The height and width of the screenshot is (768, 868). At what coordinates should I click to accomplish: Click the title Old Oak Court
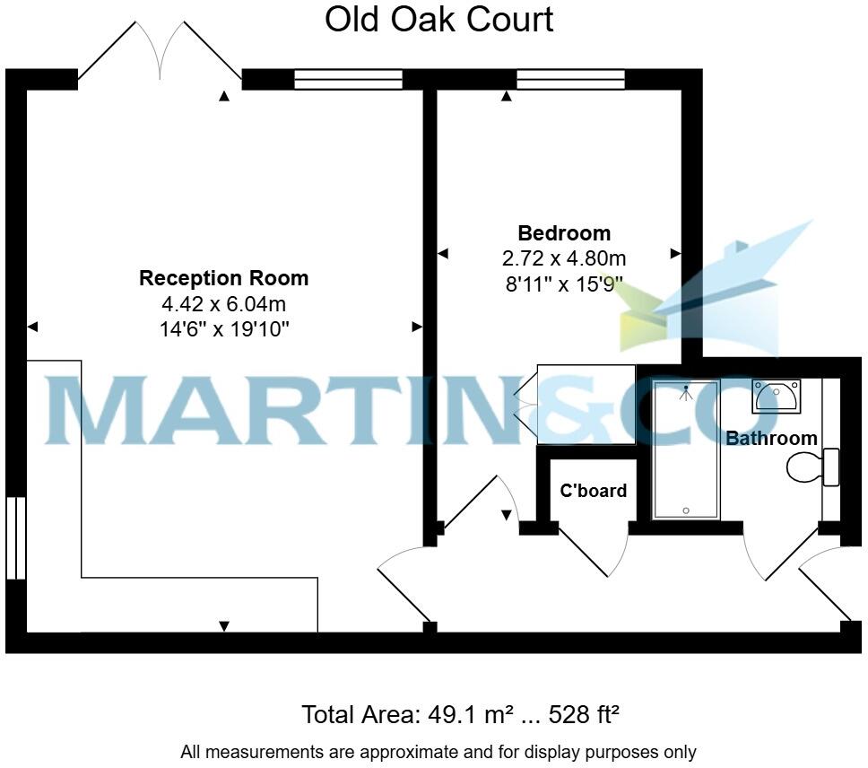tap(438, 19)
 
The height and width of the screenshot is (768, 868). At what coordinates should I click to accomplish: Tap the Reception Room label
tap(223, 278)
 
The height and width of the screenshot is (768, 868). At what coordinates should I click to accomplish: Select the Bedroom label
tap(564, 233)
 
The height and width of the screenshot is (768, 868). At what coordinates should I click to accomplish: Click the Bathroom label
tap(771, 439)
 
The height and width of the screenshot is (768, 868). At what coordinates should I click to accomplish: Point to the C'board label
tap(593, 491)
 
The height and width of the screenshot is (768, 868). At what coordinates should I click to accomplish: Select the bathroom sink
tap(776, 396)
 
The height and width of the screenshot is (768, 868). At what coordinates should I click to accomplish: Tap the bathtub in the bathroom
tap(686, 449)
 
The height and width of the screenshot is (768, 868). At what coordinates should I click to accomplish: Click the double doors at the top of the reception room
tap(161, 54)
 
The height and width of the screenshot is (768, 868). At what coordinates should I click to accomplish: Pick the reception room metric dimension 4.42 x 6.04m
tap(223, 304)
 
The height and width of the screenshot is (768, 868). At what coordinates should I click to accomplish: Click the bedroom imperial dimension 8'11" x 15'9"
tap(564, 284)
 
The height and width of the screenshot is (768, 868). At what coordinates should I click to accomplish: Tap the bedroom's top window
tap(571, 80)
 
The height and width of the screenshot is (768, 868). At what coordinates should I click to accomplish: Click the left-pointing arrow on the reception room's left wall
tap(33, 327)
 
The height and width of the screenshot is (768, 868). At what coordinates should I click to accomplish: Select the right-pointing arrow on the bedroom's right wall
tap(675, 255)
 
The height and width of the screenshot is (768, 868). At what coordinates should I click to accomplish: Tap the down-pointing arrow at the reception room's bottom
tap(224, 625)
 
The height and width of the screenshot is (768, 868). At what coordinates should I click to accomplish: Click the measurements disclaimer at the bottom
tap(438, 752)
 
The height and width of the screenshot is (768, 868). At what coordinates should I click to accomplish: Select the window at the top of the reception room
tap(348, 80)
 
